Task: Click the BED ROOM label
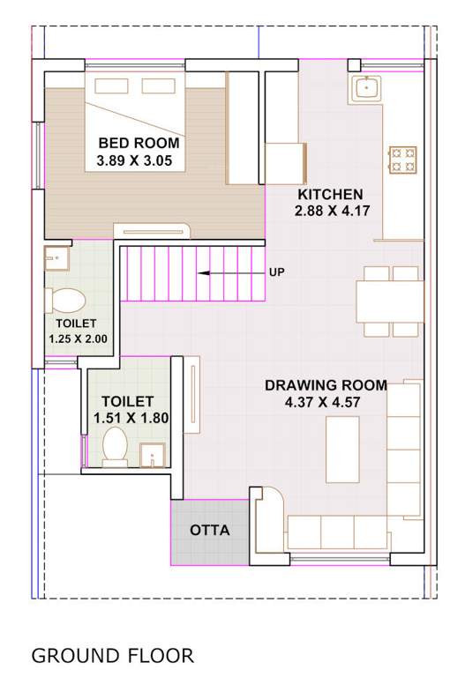[x=139, y=143]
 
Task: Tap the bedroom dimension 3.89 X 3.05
[x=139, y=161]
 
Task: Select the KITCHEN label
[x=329, y=194]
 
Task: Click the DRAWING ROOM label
[x=326, y=385]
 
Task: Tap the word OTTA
[x=210, y=531]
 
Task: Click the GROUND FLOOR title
[x=112, y=656]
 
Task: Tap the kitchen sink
[x=365, y=88]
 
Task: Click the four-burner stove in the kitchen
[x=403, y=159]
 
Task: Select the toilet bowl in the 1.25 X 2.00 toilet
[x=65, y=300]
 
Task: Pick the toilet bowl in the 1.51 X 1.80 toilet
[x=115, y=445]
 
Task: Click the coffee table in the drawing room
[x=342, y=450]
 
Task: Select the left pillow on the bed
[x=112, y=86]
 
